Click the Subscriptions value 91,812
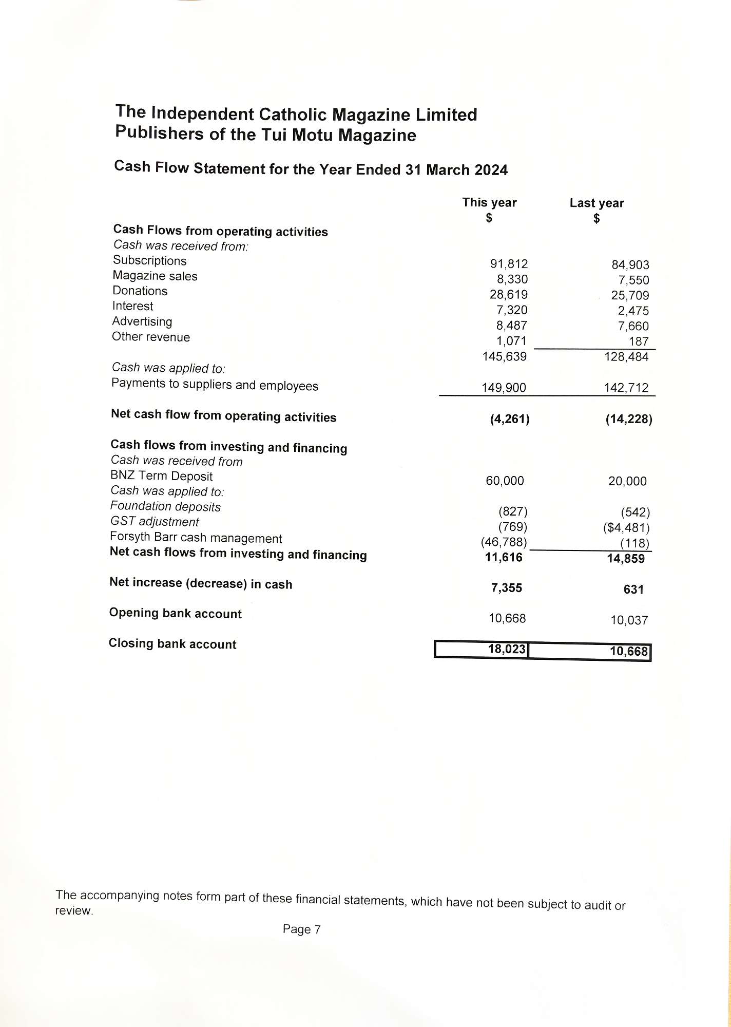point(509,264)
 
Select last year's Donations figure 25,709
point(630,296)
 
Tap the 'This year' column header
point(489,203)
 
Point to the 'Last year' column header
point(597,203)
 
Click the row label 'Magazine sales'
point(155,276)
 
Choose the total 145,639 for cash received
point(504,356)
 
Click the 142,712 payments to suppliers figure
point(626,388)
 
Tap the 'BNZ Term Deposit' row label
point(162,476)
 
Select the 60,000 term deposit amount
point(505,481)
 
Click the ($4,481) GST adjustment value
point(626,528)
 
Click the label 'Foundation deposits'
point(165,507)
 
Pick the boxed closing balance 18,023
point(507,650)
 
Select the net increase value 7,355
point(506,588)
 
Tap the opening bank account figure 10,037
point(629,620)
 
